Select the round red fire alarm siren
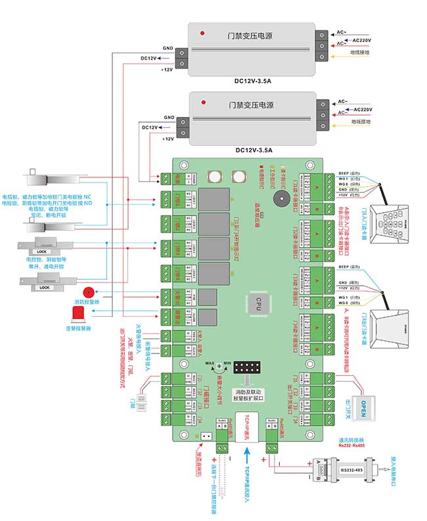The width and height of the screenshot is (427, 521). click(x=87, y=291)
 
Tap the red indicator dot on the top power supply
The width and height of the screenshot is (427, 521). click(x=204, y=33)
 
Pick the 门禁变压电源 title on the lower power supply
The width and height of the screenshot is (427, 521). click(x=251, y=105)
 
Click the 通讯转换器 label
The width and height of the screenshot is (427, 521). click(x=351, y=440)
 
